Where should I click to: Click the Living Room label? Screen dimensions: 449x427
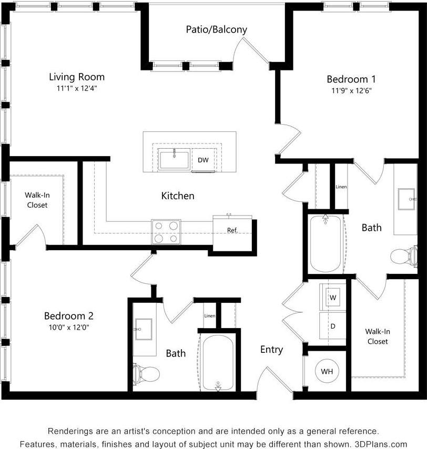coord(77,77)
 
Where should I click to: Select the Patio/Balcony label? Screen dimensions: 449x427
coord(216,29)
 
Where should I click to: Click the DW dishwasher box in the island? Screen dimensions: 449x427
coord(203,160)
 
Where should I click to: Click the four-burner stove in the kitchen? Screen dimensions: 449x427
coord(166,231)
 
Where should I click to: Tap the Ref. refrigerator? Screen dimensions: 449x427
coord(232,230)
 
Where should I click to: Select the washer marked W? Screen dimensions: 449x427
coord(332,298)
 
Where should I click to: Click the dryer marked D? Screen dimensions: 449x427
coord(332,326)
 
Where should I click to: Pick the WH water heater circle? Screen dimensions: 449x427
coord(327,372)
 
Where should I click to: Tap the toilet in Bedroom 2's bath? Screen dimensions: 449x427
coord(146,374)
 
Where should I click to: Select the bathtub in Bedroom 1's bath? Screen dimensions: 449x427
coord(326,243)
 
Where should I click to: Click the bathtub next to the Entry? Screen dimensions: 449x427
coord(218,363)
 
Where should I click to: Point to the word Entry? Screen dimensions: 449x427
coord(271,350)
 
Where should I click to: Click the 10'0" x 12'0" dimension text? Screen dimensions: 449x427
coord(68,326)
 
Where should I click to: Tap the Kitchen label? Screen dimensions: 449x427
coord(178,196)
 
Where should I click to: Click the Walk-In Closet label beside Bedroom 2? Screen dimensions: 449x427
coord(37,200)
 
